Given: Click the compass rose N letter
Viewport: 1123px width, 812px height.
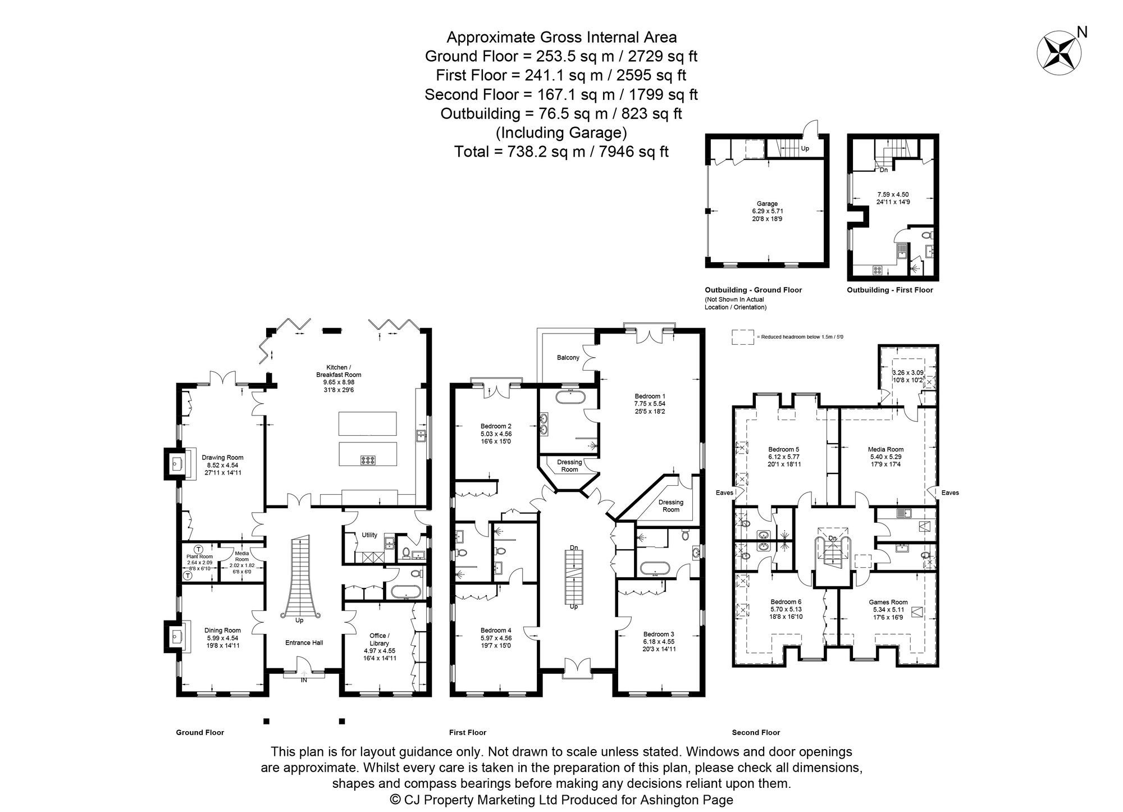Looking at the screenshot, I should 1083,33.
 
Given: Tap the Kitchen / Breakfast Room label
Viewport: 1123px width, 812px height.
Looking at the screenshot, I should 339,371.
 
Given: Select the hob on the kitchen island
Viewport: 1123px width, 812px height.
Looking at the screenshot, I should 368,460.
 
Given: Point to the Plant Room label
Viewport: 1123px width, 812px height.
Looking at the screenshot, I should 199,556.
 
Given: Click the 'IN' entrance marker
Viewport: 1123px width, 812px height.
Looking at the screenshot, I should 304,680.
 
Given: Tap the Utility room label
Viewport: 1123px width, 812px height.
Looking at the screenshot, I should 369,535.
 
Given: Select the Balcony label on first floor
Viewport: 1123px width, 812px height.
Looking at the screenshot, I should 568,358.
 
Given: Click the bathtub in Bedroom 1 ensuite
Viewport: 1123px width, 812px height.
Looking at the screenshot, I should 570,398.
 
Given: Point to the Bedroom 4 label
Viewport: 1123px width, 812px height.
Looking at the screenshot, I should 496,630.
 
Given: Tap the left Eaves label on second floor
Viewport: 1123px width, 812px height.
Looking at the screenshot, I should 724,492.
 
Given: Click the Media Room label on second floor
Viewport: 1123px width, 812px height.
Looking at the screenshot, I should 885,449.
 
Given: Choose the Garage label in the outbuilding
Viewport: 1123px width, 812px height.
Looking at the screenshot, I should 767,204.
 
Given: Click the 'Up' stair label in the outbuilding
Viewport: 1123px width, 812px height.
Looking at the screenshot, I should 805,149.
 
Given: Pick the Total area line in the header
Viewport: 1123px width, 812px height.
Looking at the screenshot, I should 561,152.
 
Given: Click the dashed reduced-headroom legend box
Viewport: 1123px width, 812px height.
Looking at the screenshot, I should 742,336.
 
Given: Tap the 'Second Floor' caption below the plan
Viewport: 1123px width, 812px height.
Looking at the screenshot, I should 756,732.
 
